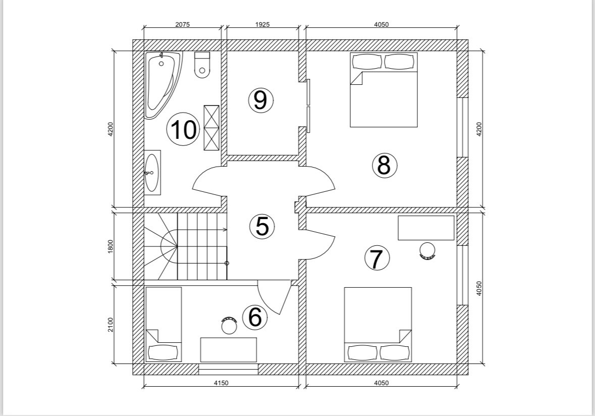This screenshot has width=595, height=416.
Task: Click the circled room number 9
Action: (260, 100)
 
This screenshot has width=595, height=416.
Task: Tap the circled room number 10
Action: (183, 130)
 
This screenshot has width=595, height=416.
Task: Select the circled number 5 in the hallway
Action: (262, 226)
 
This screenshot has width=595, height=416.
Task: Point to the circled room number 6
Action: (255, 317)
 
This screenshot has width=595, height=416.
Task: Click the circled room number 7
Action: (377, 259)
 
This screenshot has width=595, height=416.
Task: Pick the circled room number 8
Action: (384, 165)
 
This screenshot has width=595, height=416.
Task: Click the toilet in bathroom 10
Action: (202, 66)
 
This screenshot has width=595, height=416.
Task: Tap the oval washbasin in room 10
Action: (151, 173)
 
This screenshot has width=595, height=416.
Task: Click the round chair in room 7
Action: (427, 251)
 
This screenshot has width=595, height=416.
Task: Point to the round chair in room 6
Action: (229, 325)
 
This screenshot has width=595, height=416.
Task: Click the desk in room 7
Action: (426, 228)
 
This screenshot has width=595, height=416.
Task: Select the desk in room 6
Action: (229, 349)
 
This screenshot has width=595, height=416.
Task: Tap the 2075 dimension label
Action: (183, 25)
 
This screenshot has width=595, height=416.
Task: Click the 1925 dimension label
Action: (262, 25)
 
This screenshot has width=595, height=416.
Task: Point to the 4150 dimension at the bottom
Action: (221, 383)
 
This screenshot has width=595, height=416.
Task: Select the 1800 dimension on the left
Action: (111, 246)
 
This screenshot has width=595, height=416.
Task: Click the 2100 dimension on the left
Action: (111, 324)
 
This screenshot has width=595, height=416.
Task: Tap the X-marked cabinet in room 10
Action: (211, 128)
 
